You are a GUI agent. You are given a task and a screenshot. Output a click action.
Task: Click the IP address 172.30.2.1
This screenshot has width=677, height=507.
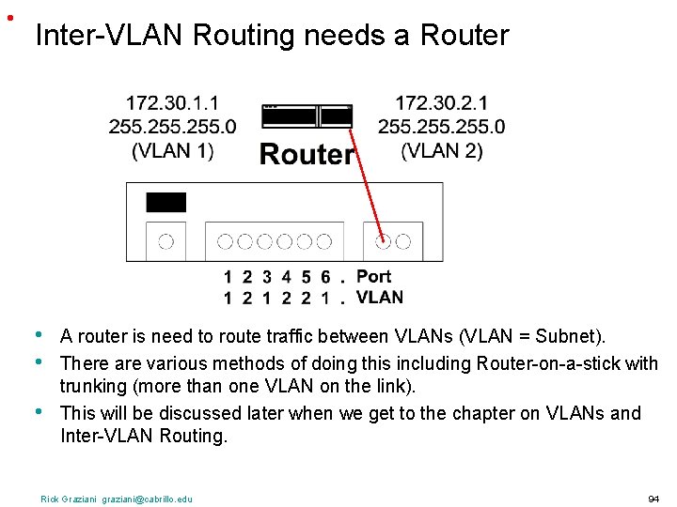441,102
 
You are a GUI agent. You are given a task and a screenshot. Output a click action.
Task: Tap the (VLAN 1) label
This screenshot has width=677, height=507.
172,149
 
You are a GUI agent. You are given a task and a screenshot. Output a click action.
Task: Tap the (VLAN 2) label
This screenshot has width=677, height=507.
441,149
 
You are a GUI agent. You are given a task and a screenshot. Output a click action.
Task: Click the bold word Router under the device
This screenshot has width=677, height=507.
307,154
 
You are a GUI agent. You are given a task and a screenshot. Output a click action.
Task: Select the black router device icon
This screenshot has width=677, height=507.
307,115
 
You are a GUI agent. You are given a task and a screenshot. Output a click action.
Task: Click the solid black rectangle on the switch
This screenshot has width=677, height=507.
165,202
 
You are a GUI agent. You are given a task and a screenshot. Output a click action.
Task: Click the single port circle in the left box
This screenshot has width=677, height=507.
165,241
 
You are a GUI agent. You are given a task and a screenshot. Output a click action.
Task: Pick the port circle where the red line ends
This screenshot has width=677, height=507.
384,241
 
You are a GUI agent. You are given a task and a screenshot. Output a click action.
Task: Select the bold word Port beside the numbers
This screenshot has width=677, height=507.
373,276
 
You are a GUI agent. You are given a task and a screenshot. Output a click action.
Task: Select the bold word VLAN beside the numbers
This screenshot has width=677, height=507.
380,297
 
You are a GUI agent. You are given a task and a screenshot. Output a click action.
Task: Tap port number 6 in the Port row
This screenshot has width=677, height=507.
325,277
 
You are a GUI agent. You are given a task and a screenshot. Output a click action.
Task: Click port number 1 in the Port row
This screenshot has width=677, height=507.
228,277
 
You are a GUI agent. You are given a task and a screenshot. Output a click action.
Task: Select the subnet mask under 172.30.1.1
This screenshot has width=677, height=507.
172,126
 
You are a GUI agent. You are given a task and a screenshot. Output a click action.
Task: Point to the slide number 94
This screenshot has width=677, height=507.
653,499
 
